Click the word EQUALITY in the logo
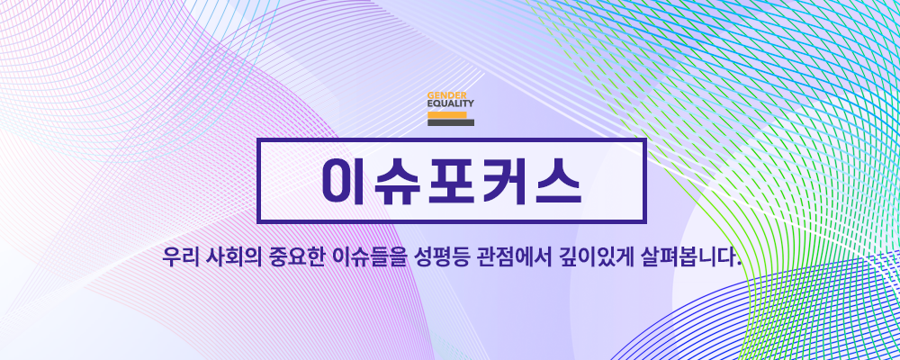click(x=451, y=103)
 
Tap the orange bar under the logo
click(x=447, y=115)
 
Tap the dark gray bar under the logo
click(x=451, y=122)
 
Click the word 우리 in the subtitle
click(x=180, y=257)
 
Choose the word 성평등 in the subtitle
click(x=430, y=257)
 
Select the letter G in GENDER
click(x=430, y=95)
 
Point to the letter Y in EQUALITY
click(x=471, y=103)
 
